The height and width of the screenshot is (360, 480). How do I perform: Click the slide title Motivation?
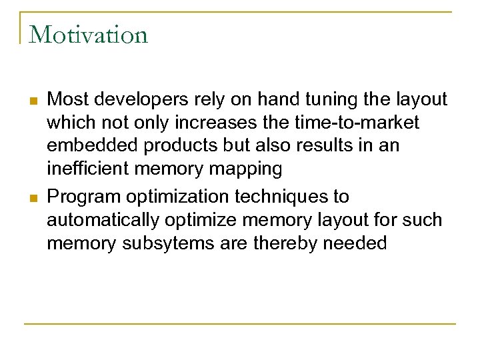(88, 34)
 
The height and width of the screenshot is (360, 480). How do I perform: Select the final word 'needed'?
(355, 243)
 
